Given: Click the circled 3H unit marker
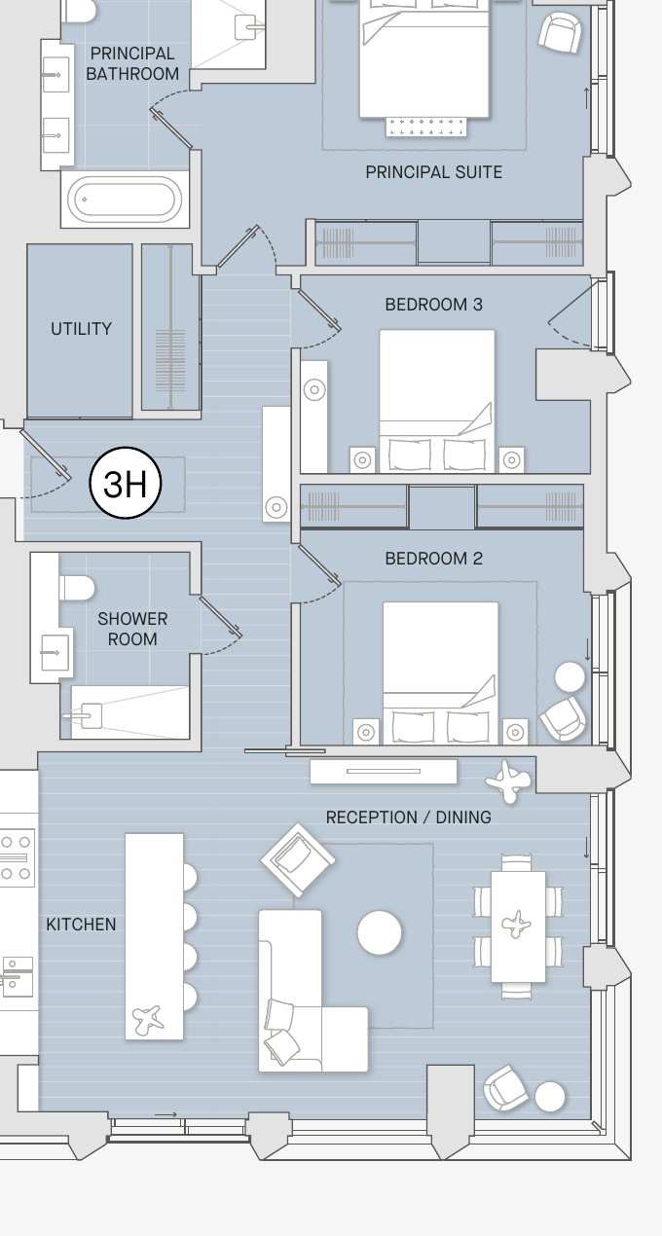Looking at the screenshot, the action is click(x=126, y=483).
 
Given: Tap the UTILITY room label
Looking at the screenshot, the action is click(x=81, y=329).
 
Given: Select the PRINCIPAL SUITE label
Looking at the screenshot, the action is click(x=434, y=172).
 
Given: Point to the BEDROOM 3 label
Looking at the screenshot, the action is click(x=433, y=304).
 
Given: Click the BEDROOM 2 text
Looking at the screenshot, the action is click(x=433, y=559).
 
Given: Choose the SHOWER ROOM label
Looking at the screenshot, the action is click(x=132, y=629).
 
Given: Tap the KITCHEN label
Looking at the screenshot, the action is click(x=81, y=925).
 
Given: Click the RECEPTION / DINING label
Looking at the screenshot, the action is click(x=409, y=818).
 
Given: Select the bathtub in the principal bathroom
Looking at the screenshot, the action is click(x=125, y=200).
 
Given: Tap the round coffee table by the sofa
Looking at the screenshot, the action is click(x=380, y=932).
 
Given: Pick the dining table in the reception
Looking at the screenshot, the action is click(x=518, y=927).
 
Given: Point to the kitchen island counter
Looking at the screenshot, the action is click(x=155, y=936).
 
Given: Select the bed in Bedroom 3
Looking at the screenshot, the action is click(x=437, y=401).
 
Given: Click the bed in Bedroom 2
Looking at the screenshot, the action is click(x=441, y=673).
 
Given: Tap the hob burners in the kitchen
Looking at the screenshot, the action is click(x=16, y=858).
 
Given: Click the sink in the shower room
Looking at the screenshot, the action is click(x=56, y=652).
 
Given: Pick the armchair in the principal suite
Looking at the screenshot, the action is click(x=560, y=32).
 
